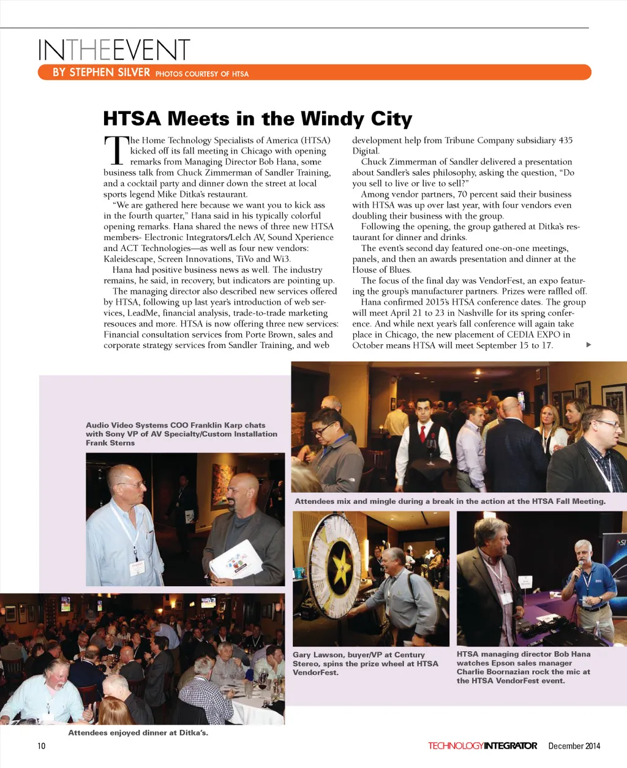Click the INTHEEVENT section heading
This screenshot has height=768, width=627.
114,50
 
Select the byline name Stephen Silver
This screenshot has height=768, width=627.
101,72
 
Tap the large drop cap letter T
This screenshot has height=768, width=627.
116,151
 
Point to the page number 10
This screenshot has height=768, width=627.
42,745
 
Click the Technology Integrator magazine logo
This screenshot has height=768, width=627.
482,745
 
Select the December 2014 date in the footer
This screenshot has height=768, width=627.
574,745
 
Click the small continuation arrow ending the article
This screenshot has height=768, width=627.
588,345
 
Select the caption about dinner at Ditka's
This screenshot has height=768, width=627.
138,732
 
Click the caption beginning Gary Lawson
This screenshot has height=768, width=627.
365,663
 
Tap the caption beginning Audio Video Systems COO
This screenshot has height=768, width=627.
181,434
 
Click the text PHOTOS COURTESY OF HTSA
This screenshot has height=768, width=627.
202,74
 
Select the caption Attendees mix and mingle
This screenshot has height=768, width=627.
450,501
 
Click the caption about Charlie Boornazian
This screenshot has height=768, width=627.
524,667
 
